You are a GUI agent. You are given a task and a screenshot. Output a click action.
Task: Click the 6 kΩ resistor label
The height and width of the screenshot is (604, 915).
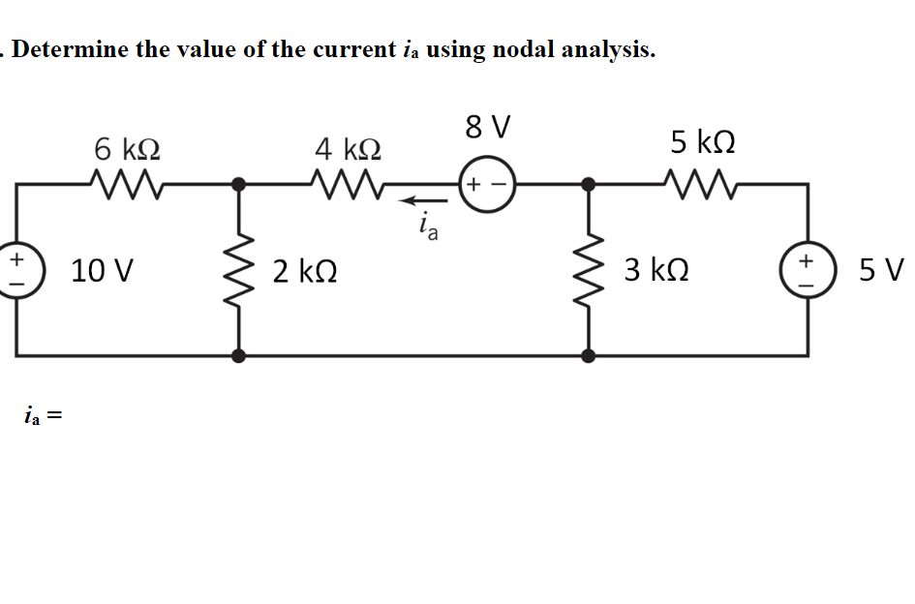pyautogui.click(x=127, y=149)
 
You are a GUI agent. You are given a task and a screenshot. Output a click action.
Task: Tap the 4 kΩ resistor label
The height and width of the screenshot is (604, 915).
pyautogui.click(x=348, y=149)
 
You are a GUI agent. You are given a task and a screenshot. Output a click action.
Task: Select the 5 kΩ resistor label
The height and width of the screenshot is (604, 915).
pyautogui.click(x=702, y=143)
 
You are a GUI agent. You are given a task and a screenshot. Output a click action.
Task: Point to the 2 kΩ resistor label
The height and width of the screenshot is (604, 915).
pyautogui.click(x=305, y=270)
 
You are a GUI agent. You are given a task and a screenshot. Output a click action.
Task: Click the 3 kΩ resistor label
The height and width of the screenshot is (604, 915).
pyautogui.click(x=656, y=270)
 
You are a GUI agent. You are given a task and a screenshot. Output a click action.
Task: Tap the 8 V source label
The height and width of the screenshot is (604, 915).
pyautogui.click(x=487, y=127)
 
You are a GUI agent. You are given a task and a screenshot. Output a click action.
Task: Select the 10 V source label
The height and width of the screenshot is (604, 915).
pyautogui.click(x=103, y=270)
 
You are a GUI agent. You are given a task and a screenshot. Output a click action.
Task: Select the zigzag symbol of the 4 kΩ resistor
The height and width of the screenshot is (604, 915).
pyautogui.click(x=348, y=181)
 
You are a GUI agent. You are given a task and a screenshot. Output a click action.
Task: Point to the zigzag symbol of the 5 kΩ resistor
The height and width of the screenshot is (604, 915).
pyautogui.click(x=702, y=181)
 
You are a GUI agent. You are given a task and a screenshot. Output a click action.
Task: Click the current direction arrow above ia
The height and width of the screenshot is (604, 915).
pyautogui.click(x=422, y=202)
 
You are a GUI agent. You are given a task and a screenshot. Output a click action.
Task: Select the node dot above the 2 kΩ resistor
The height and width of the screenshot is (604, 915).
pyautogui.click(x=238, y=183)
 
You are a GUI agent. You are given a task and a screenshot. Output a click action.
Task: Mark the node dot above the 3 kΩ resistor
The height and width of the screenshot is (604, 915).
pyautogui.click(x=588, y=183)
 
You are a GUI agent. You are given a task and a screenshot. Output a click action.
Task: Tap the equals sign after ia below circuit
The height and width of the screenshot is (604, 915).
pyautogui.click(x=55, y=417)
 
